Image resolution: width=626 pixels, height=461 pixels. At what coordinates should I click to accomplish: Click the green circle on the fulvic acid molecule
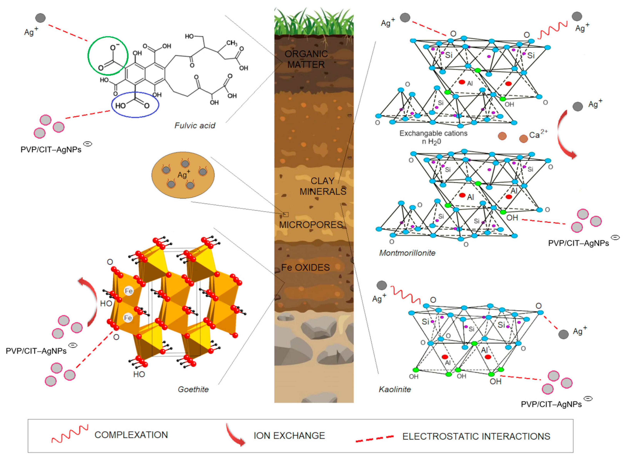[x=108, y=56]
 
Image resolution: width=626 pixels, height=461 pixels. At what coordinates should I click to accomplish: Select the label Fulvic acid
[x=195, y=126]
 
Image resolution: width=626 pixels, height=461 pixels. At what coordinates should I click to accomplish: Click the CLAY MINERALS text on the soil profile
[x=323, y=186]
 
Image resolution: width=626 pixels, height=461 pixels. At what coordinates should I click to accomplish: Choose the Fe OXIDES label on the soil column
[x=305, y=267]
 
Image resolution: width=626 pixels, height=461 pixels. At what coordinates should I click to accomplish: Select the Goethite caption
[x=193, y=389]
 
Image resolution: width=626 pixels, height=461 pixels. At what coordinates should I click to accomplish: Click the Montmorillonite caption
[x=407, y=253]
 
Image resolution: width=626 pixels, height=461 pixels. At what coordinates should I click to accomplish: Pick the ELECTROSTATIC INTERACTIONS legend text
[x=476, y=436]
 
